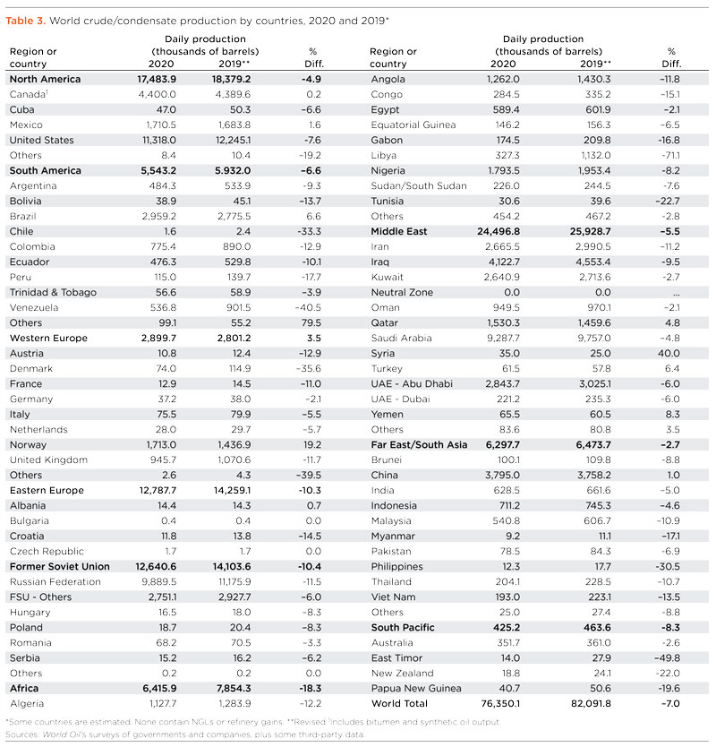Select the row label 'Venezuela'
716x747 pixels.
(x=35, y=307)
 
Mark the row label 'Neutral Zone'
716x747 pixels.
(x=402, y=292)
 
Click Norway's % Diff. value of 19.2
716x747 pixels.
(x=311, y=444)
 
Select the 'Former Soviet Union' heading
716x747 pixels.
(x=59, y=566)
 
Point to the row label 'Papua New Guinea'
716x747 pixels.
(x=416, y=688)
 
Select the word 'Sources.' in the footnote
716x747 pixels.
(x=22, y=733)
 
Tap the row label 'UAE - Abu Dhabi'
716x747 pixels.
(x=412, y=383)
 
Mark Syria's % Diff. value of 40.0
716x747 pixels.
(x=668, y=353)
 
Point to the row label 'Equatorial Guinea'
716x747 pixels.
(x=413, y=124)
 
